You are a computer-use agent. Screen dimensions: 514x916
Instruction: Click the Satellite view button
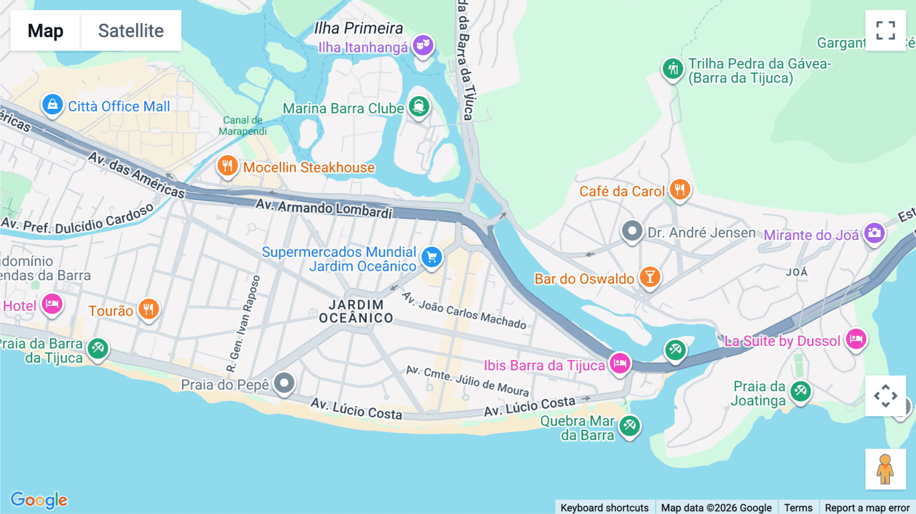coord(131,31)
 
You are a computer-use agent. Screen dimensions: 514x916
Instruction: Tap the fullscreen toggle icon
coord(885,31)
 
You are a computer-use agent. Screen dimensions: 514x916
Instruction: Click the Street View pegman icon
coord(885,469)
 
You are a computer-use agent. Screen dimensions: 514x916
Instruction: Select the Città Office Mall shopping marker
coord(52,105)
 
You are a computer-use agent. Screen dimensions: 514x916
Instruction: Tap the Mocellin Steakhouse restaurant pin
coord(227,166)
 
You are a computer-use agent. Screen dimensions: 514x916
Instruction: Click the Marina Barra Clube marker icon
coord(419,107)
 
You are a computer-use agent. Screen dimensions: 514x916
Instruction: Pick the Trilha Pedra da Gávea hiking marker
coord(673,68)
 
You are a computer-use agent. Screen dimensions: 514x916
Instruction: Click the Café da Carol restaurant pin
coord(680,190)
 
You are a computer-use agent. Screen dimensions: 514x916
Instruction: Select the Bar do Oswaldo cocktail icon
coord(650,277)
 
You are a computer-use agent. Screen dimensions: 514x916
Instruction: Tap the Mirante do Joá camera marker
coord(874,234)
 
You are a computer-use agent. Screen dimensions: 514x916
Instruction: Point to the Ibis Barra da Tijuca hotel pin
coord(620,363)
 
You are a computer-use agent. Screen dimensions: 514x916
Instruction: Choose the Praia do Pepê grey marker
coord(284,383)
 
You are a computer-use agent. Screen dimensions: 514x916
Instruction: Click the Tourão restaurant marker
coord(149,309)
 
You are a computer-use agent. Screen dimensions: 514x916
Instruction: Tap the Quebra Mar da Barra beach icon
coord(629,425)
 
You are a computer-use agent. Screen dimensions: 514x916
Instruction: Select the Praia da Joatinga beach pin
coord(800,391)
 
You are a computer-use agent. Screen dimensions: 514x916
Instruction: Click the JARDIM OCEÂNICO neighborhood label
coord(356,311)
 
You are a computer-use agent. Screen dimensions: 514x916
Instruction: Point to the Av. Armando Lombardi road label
coord(324,208)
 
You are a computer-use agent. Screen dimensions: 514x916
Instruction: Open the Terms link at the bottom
coord(798,507)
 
